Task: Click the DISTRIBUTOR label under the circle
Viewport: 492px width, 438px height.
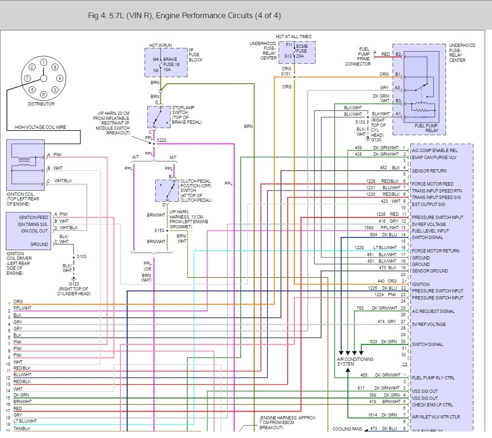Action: tap(41, 104)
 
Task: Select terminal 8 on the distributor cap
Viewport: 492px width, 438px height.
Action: tap(55, 67)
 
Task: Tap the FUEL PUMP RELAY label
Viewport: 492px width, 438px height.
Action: tap(426, 128)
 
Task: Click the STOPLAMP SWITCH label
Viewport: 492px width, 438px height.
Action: tap(183, 110)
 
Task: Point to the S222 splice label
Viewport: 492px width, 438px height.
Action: tap(161, 140)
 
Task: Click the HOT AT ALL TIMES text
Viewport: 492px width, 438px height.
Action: tap(293, 37)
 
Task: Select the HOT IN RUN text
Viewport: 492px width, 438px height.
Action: tap(160, 46)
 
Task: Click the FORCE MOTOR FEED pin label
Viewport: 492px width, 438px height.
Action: tap(432, 184)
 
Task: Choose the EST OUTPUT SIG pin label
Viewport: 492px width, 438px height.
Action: tap(428, 204)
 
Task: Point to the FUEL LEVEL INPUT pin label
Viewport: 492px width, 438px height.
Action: tap(430, 231)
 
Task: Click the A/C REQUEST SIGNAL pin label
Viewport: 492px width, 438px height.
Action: tap(433, 311)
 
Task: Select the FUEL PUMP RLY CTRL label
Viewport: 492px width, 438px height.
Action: tap(433, 378)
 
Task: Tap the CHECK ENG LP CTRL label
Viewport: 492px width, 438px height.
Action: tap(432, 405)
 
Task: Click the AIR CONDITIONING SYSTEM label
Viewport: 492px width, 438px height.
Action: tap(355, 361)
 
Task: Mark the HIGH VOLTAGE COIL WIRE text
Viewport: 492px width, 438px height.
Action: tap(40, 127)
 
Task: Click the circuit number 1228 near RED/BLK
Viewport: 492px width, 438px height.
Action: tap(371, 181)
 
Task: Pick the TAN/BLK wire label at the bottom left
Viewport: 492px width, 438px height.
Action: tap(22, 429)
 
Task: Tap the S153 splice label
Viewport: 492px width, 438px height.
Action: tap(159, 230)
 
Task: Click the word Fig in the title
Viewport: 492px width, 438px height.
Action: tap(93, 16)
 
